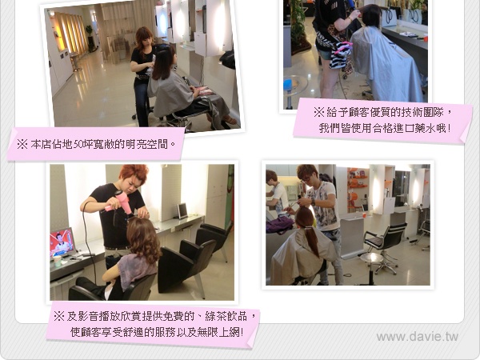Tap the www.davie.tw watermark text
pos(418,337)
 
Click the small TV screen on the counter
pos(62,242)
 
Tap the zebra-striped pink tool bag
pos(341,54)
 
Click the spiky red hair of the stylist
pos(134,173)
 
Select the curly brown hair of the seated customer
pos(143,236)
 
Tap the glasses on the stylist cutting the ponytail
pos(306,179)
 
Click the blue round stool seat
pos(288,85)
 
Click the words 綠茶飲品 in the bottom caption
pos(226,316)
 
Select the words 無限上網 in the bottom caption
pos(218,332)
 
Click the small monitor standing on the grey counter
pos(182,211)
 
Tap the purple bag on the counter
pos(279,226)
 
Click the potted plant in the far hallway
pos(90,38)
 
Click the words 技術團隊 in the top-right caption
pos(422,112)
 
